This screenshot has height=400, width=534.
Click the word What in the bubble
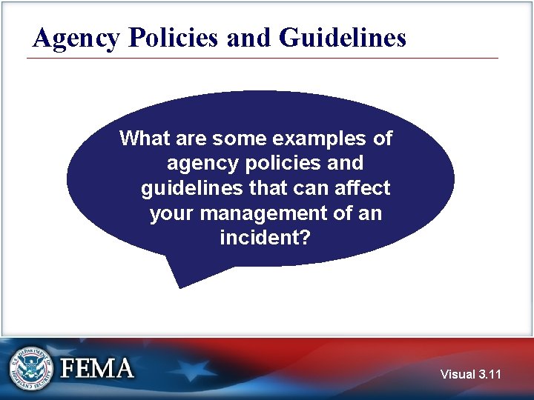click(145, 138)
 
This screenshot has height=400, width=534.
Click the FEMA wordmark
click(97, 368)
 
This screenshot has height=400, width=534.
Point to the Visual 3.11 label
click(470, 374)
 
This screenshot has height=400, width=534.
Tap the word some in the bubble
click(235, 138)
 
